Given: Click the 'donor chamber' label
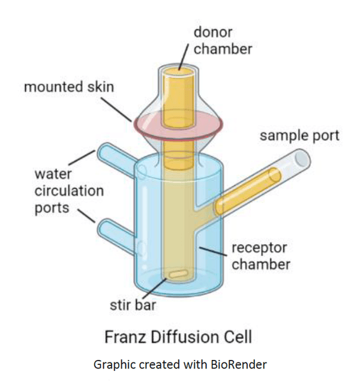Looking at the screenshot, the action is [x=223, y=40].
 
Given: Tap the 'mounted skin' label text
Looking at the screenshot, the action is [x=69, y=87].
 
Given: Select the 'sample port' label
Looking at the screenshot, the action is [x=299, y=136].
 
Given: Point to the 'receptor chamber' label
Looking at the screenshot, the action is [x=261, y=256].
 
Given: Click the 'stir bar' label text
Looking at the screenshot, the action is [x=133, y=305].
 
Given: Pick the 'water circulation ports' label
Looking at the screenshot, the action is [x=70, y=191].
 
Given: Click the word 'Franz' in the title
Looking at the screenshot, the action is [x=124, y=337].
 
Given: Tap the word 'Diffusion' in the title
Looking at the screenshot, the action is [x=184, y=337].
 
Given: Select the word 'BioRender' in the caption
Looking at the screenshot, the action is [x=239, y=365].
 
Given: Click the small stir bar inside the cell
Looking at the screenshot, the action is [x=179, y=274].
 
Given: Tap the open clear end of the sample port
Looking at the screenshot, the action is [x=302, y=158].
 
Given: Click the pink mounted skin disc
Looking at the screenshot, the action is [x=178, y=125].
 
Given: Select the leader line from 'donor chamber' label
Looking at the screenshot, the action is [x=184, y=56].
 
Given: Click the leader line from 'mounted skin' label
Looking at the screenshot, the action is [x=116, y=109].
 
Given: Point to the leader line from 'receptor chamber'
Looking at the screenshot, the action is [x=213, y=251].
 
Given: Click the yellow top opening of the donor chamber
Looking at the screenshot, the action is [x=179, y=72].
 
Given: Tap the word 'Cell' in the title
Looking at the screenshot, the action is [x=238, y=337].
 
